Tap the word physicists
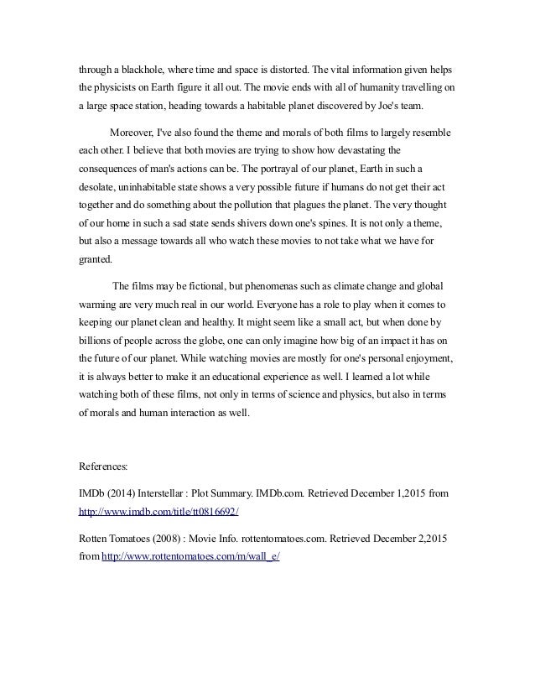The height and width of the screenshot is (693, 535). click(121, 88)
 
